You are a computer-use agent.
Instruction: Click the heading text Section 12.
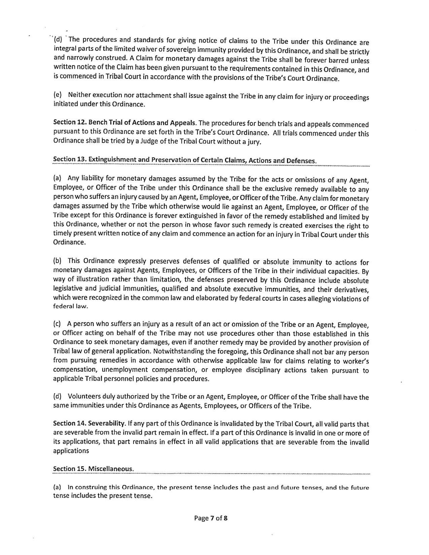pyautogui.click(x=69, y=123)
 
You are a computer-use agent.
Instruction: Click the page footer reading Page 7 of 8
pyautogui.click(x=211, y=518)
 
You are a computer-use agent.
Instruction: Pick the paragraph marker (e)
pyautogui.click(x=58, y=95)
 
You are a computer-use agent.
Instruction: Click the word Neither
pyautogui.click(x=79, y=95)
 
